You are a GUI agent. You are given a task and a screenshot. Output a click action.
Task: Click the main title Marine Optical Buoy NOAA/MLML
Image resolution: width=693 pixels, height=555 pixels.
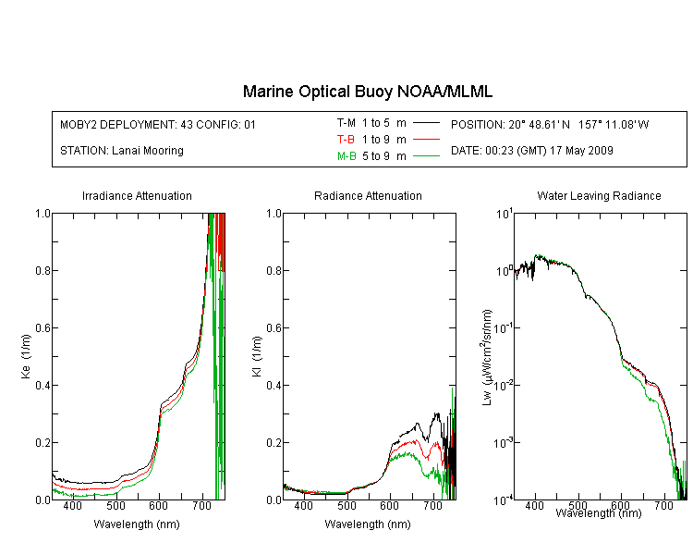[x=367, y=92]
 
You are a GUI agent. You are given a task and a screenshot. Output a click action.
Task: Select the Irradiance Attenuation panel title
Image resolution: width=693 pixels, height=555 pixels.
[x=137, y=196]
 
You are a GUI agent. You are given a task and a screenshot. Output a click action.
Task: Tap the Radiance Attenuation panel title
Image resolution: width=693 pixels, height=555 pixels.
[x=368, y=196]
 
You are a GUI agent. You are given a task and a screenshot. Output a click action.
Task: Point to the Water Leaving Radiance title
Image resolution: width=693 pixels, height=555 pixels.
[x=599, y=196]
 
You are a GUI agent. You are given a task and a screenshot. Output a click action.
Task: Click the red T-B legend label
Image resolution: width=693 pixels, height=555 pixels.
[x=346, y=140]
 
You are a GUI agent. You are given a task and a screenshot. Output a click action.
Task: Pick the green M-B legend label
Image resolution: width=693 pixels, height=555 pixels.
[x=346, y=156]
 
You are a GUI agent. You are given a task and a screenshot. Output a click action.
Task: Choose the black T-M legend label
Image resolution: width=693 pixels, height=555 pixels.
[x=346, y=123]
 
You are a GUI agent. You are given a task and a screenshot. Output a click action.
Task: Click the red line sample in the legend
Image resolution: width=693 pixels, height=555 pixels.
[x=426, y=140]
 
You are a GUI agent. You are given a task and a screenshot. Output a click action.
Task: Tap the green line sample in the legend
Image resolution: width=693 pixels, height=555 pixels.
[x=426, y=155]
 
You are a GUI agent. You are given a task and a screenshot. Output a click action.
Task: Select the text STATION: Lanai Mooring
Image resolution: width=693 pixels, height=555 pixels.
[x=122, y=151]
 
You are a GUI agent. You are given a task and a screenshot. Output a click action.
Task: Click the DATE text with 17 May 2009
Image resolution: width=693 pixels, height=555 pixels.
[x=531, y=151]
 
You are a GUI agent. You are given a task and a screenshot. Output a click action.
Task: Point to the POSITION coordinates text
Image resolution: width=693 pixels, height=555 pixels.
[x=550, y=125]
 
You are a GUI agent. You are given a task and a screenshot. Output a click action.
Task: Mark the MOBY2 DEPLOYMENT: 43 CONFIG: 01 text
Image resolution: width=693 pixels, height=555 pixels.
[x=158, y=125]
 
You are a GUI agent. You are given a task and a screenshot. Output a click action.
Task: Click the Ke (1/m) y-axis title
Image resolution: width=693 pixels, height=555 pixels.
[x=26, y=357]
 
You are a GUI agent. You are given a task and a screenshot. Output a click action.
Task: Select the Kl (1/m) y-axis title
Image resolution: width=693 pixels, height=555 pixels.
[x=257, y=357]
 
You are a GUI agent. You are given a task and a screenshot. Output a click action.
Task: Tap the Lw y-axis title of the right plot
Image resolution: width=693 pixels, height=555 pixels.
[x=487, y=357]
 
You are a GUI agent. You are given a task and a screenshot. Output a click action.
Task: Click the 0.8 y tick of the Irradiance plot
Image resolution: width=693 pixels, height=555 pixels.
[x=43, y=271]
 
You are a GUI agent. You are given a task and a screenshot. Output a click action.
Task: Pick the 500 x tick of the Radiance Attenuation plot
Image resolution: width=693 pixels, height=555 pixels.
[x=346, y=506]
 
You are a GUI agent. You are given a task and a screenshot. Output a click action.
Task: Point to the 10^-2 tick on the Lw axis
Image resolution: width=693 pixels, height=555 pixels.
[x=504, y=385]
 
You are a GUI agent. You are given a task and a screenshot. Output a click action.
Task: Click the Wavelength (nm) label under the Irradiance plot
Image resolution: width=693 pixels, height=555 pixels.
[x=137, y=524]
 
